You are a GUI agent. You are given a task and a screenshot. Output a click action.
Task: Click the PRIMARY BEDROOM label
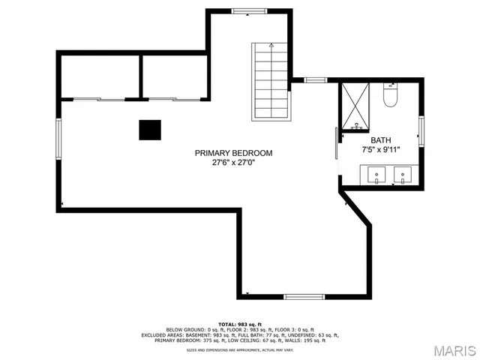point(233,153)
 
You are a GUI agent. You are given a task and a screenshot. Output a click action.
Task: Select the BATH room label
point(380,140)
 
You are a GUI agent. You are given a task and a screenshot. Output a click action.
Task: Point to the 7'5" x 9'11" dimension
point(380,149)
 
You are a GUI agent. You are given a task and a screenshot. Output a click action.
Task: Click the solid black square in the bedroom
point(149,130)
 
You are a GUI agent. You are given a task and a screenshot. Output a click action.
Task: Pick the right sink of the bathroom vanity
point(403,176)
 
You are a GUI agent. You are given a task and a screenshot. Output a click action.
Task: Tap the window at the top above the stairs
point(247,10)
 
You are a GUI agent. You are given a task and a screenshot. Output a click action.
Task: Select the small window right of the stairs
point(315,79)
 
